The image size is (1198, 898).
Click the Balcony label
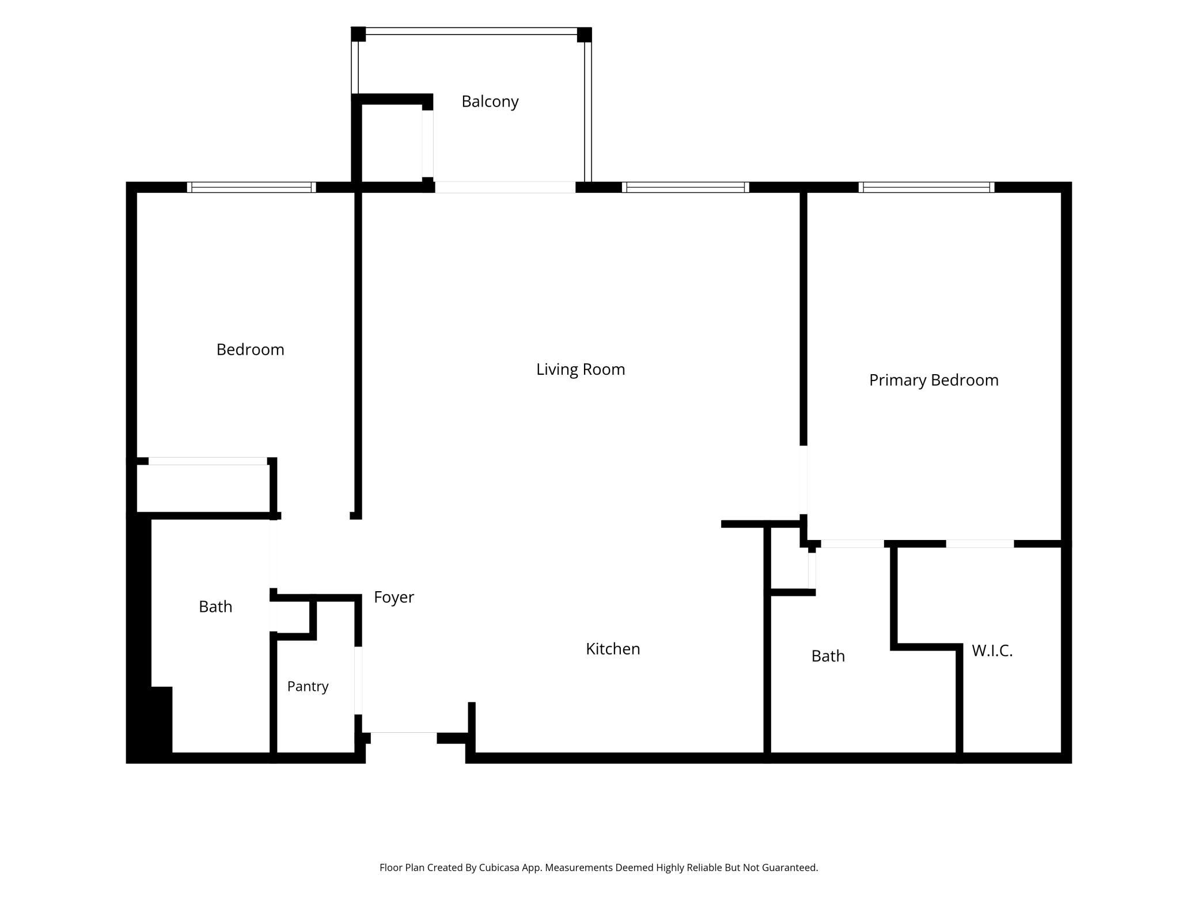(490, 102)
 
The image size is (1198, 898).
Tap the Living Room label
(581, 370)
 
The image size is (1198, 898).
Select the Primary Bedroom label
(934, 380)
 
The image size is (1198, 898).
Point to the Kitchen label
(613, 649)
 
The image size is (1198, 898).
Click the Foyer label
(394, 598)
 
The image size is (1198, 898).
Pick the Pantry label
(308, 687)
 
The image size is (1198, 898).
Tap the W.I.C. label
(992, 651)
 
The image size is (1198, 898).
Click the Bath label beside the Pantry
(215, 607)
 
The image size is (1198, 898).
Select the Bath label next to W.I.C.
(828, 656)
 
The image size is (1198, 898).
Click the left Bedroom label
(251, 350)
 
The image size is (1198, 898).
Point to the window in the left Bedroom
(251, 187)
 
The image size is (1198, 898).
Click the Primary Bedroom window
(926, 187)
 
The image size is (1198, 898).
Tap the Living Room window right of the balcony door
(685, 187)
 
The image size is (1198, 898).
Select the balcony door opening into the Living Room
(505, 187)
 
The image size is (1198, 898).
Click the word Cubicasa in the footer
(501, 867)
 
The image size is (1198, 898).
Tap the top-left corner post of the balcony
(358, 34)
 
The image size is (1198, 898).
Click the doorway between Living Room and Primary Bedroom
(803, 480)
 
